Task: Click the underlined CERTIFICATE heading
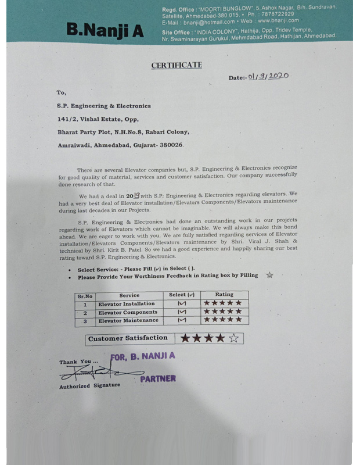[177, 65]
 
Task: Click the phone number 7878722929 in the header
[278, 13]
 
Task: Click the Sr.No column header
[84, 295]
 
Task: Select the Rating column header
[224, 295]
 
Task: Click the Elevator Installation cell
[126, 303]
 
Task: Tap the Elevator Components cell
[127, 312]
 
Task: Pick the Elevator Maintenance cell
[128, 320]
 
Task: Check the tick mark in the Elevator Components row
[182, 312]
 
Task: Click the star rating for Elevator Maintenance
[222, 320]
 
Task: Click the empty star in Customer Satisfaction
[233, 338]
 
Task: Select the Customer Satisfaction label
[128, 338]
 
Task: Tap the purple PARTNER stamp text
[158, 378]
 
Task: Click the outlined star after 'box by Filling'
[269, 276]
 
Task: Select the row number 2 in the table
[85, 312]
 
